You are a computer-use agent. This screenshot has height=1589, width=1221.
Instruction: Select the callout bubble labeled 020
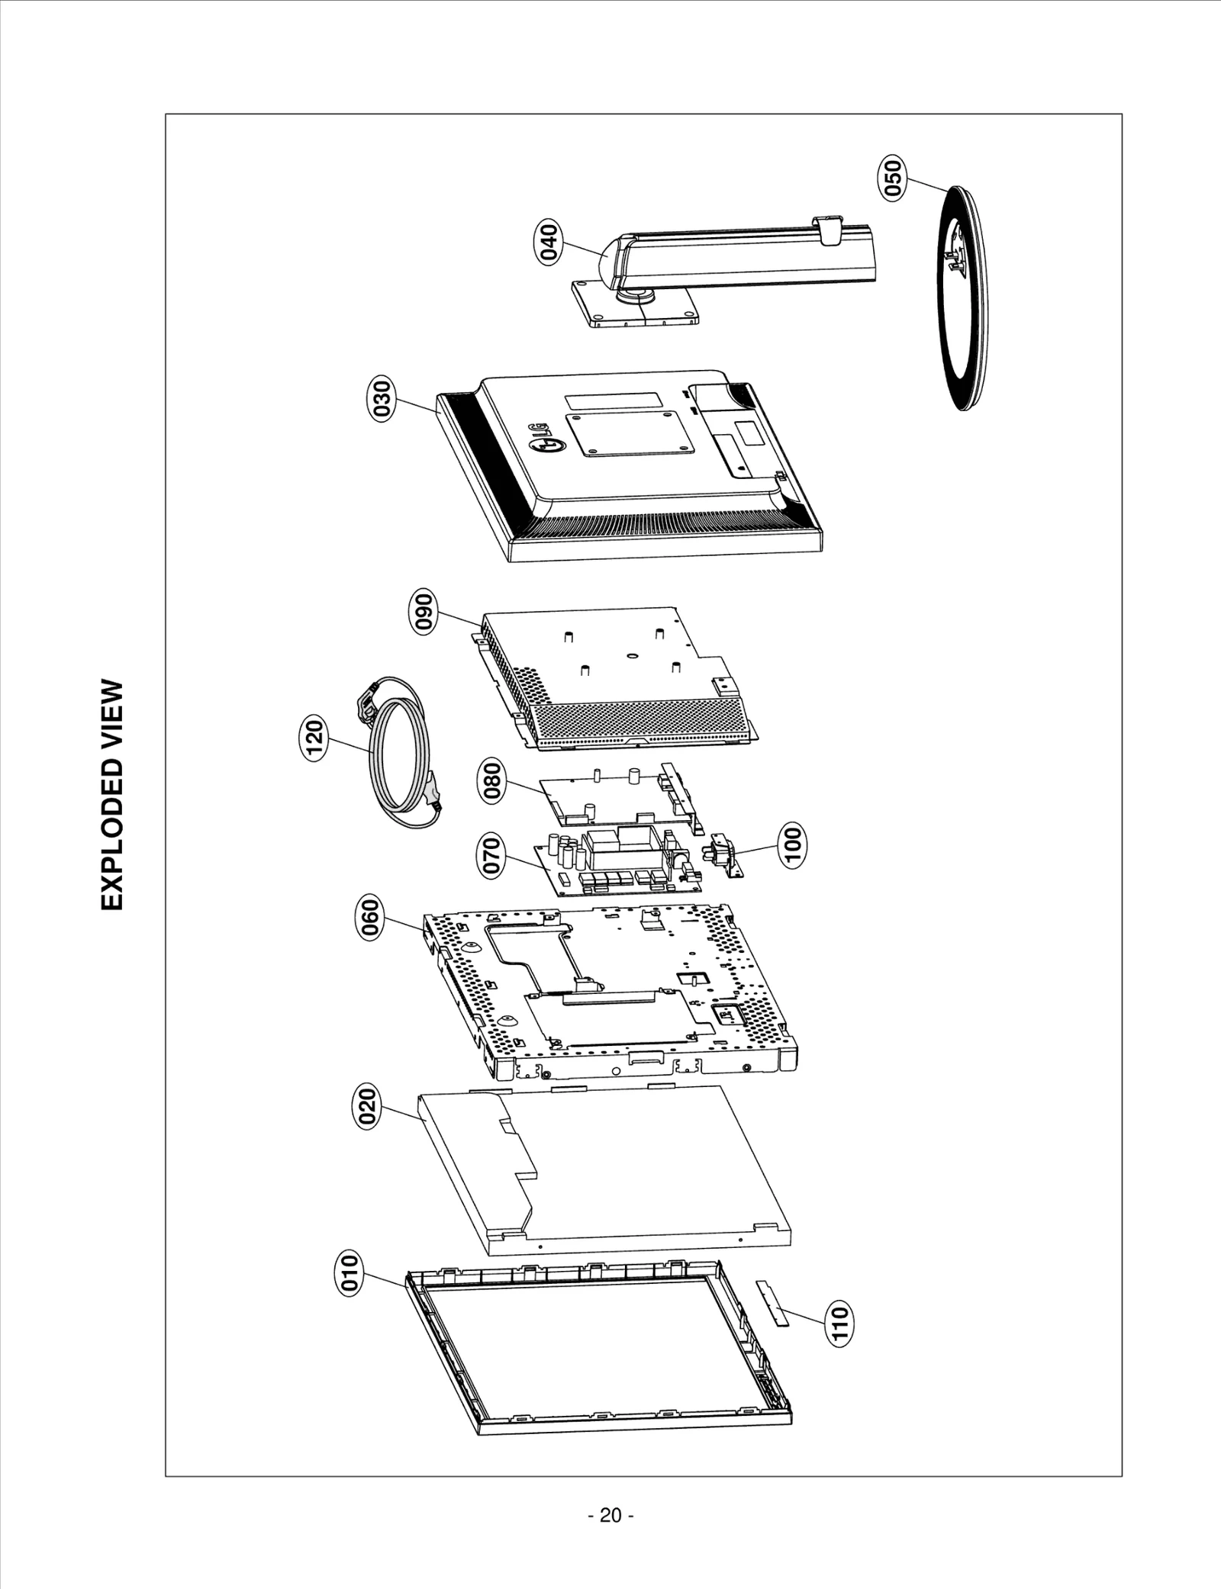click(367, 1108)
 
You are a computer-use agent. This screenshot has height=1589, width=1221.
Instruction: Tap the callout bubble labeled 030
click(382, 397)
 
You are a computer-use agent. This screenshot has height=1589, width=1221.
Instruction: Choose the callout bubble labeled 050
click(892, 178)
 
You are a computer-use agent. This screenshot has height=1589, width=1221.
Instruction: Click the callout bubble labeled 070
click(492, 857)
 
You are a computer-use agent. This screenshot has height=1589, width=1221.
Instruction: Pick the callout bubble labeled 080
click(493, 781)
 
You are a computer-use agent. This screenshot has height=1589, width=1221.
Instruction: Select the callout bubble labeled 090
click(424, 610)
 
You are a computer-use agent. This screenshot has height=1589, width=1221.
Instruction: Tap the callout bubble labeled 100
click(793, 844)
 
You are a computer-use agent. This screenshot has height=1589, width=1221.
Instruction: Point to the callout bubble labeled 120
click(313, 738)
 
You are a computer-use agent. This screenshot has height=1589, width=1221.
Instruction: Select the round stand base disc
click(962, 298)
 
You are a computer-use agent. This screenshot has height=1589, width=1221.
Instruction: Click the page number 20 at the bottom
click(610, 1515)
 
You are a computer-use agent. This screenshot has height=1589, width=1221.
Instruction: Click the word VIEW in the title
click(111, 715)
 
